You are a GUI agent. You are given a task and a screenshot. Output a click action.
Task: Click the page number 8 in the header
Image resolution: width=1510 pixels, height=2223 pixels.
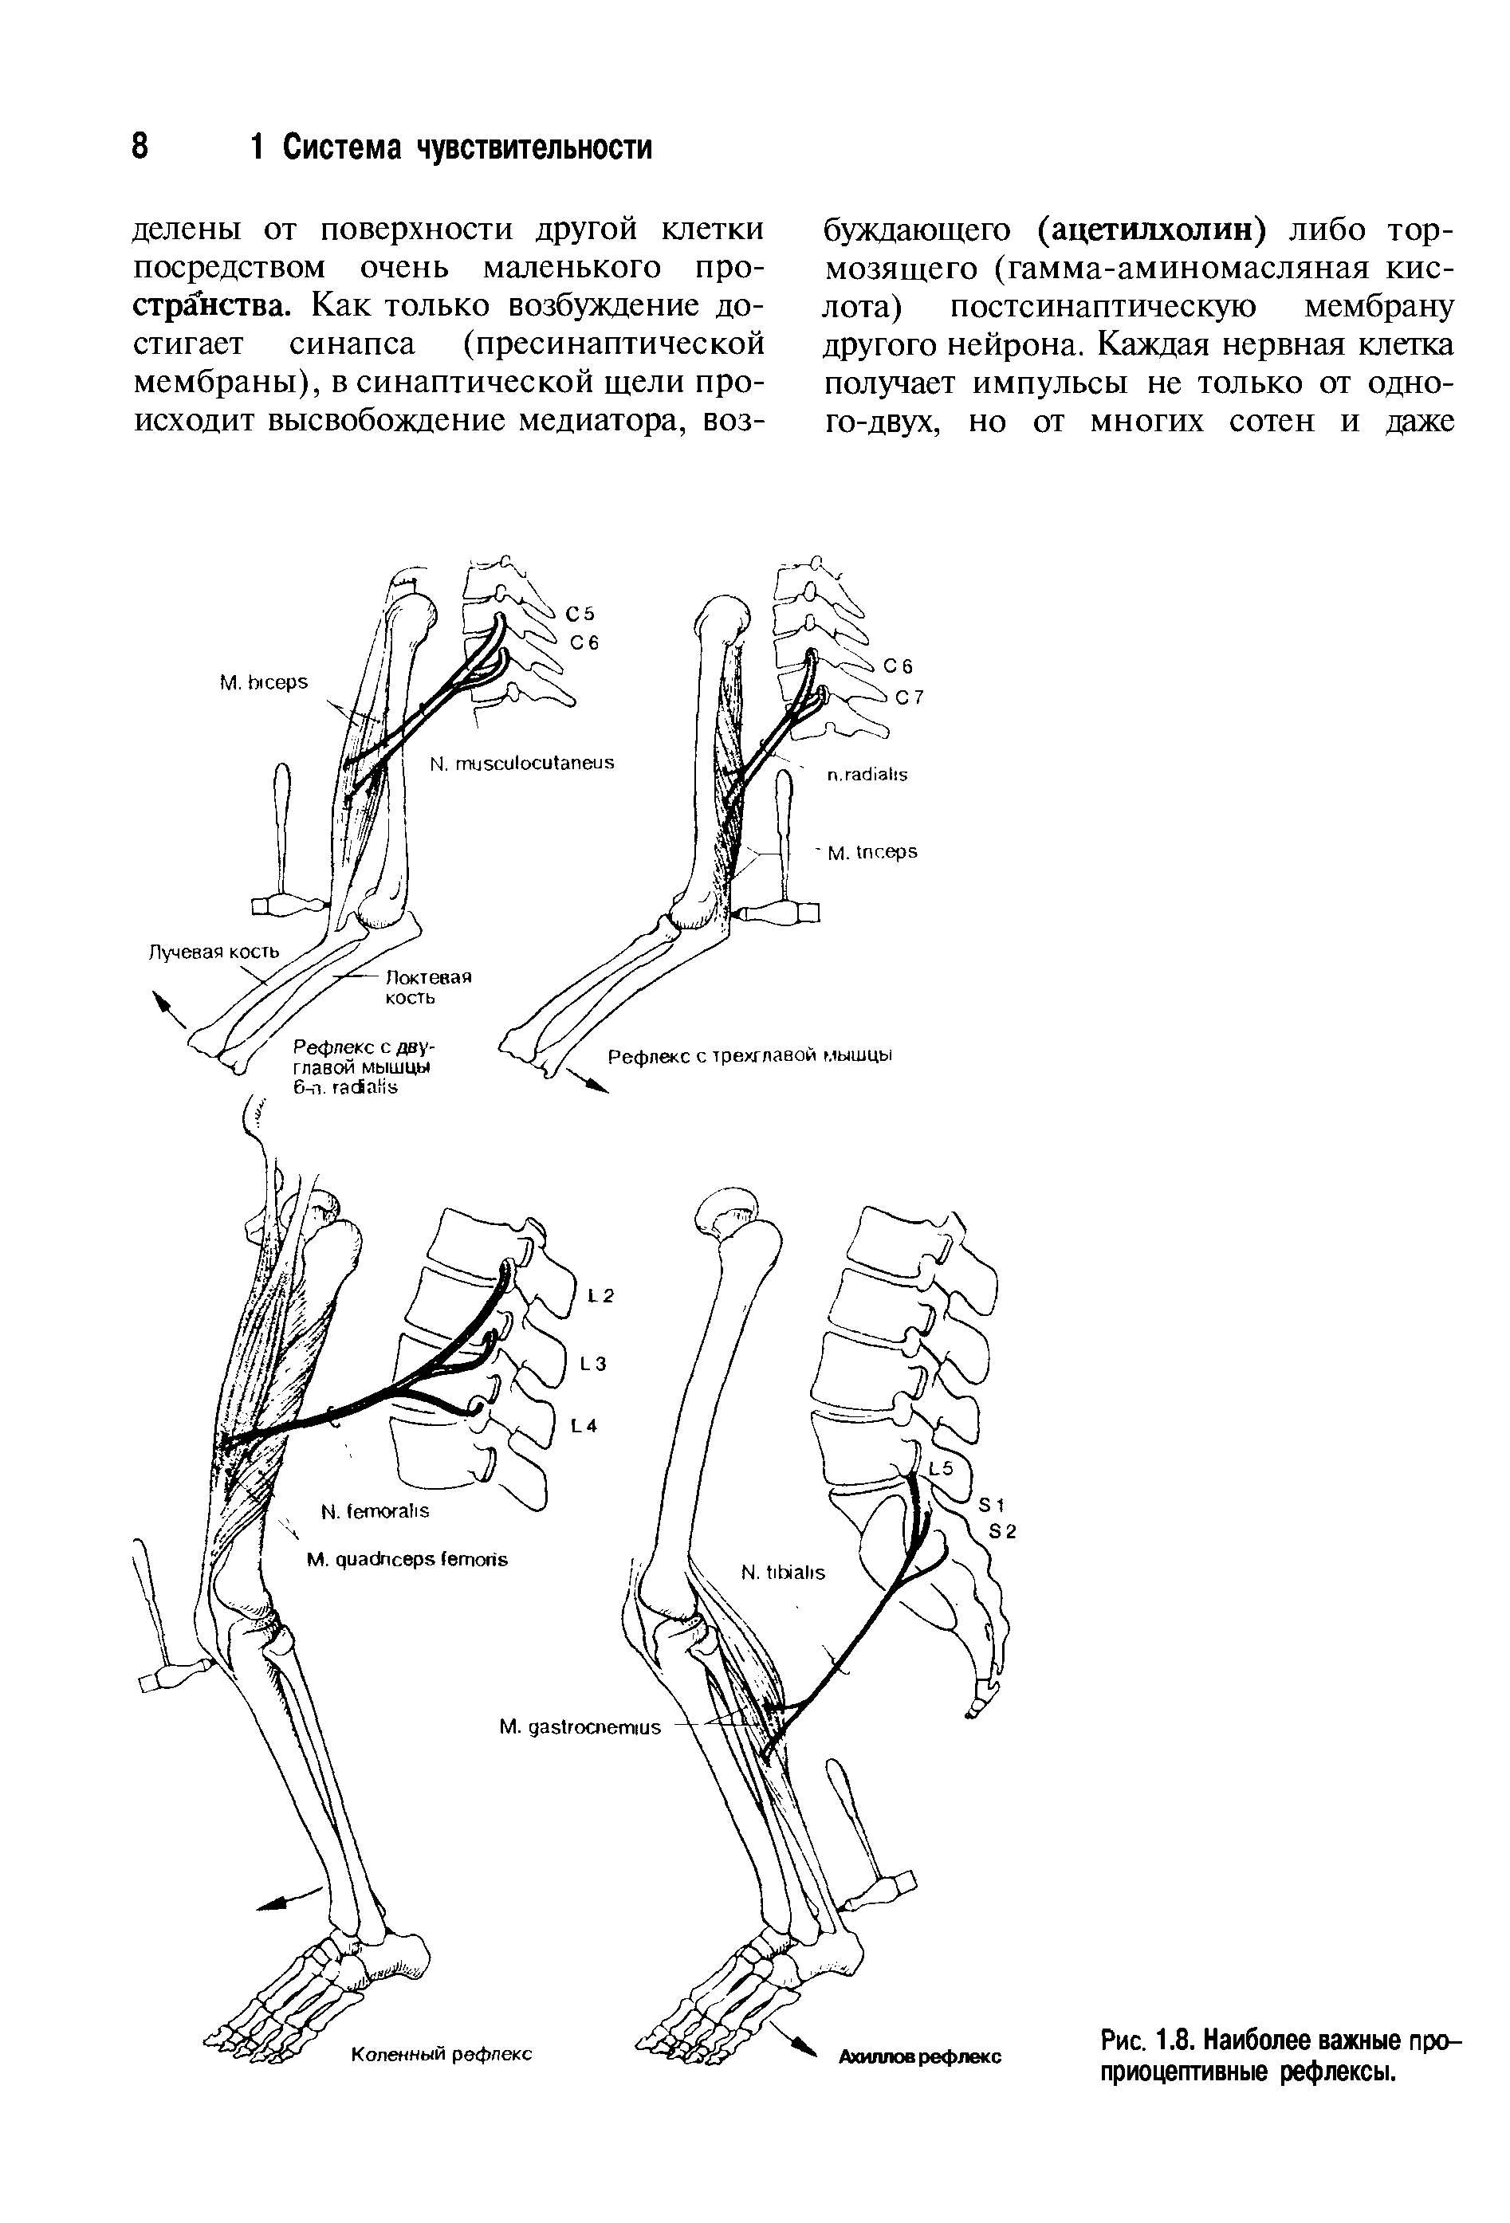[140, 147]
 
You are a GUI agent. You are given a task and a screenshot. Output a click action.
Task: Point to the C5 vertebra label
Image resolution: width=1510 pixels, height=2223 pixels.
[581, 613]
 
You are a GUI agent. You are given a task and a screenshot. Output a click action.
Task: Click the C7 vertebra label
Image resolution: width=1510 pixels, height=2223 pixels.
[909, 697]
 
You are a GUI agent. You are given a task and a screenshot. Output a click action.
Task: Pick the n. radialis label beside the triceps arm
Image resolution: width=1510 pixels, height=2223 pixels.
[866, 775]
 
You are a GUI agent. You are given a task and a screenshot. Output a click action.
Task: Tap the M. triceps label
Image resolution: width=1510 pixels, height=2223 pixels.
[871, 851]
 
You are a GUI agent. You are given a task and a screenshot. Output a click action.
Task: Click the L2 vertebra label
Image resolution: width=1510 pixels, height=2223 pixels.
[600, 1297]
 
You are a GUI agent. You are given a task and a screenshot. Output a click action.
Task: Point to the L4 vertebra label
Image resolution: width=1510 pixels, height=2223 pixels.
[584, 1426]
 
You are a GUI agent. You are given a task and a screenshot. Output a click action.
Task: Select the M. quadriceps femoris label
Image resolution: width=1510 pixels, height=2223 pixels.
[407, 1559]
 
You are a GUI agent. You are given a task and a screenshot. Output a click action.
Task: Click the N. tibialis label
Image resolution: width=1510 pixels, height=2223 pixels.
[783, 1573]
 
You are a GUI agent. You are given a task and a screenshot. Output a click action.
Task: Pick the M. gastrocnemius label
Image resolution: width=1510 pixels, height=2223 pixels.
[580, 1727]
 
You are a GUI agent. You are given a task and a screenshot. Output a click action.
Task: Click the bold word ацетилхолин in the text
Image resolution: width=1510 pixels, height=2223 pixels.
[1153, 230]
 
